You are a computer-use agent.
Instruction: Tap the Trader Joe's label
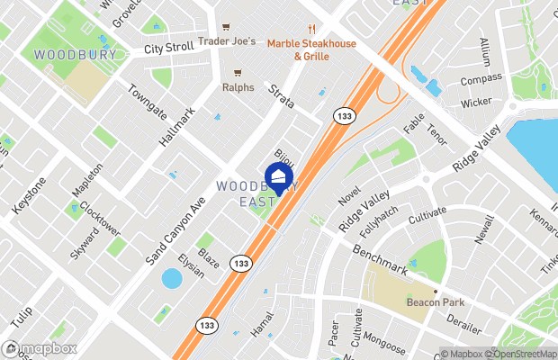point(227,41)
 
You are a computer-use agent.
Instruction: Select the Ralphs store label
point(238,88)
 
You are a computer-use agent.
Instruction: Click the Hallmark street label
point(176,129)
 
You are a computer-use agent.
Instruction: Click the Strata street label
point(280,95)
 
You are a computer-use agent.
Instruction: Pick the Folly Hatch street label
point(378,226)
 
